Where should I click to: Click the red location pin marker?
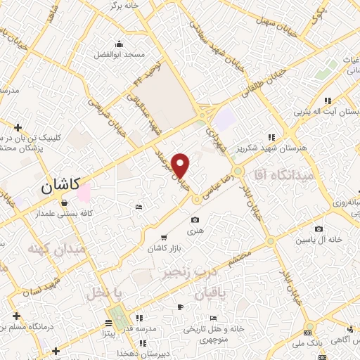tap(181, 166)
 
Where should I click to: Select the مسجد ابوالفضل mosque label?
tap(120, 54)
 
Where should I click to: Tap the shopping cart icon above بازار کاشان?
tap(165, 238)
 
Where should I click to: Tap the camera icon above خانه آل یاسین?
tap(319, 229)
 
